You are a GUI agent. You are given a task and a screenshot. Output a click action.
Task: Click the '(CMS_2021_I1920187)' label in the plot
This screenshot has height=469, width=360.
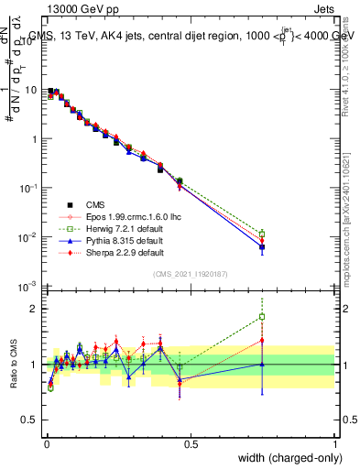click(191, 273)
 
